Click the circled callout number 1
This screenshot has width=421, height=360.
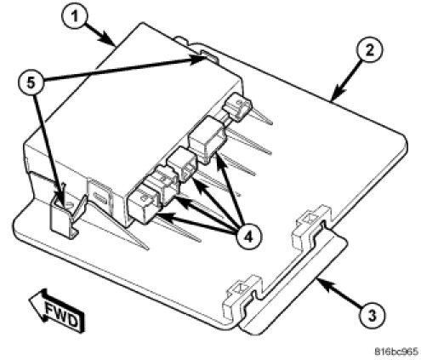(x=74, y=16)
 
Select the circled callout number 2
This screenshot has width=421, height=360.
(x=369, y=49)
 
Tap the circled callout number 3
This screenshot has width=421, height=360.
(x=372, y=315)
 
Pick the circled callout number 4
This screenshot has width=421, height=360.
(x=248, y=237)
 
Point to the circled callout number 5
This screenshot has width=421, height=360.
(x=31, y=83)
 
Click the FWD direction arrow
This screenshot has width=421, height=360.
(x=58, y=310)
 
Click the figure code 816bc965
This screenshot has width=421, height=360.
(x=396, y=351)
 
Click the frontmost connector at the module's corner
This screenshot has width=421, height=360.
(x=143, y=203)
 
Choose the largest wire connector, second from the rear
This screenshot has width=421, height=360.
(x=207, y=140)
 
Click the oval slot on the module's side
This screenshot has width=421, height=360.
(x=100, y=197)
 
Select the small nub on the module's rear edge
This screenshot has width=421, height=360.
(x=181, y=40)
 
